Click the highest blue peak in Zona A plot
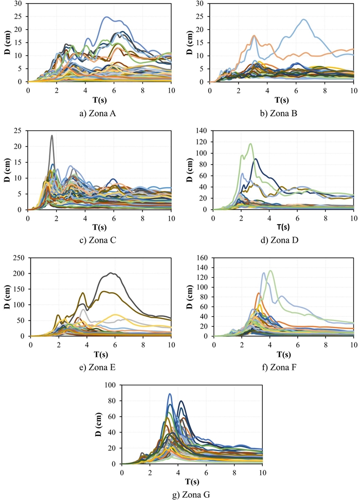[x=106, y=17]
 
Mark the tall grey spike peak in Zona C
[x=51, y=136]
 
